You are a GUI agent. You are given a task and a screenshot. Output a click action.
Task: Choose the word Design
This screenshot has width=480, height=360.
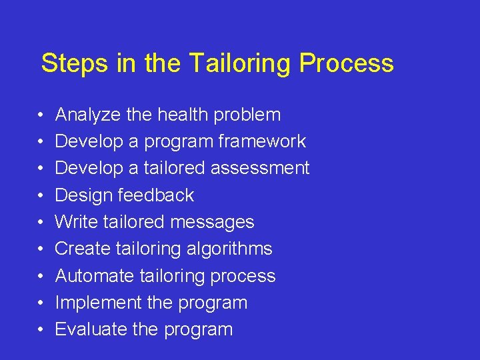click(84, 195)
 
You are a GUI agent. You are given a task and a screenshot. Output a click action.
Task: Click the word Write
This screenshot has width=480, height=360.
click(75, 222)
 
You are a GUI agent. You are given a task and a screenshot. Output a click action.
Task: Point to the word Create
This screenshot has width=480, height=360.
click(83, 249)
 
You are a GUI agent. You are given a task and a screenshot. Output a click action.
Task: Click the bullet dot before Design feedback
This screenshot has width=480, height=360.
click(41, 196)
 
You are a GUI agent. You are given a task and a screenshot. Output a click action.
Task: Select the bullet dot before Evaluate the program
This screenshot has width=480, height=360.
click(41, 330)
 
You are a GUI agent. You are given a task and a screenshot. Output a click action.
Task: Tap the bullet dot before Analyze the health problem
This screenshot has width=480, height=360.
click(41, 115)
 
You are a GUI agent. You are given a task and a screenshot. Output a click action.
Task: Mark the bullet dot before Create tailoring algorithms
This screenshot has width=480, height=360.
click(41, 249)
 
